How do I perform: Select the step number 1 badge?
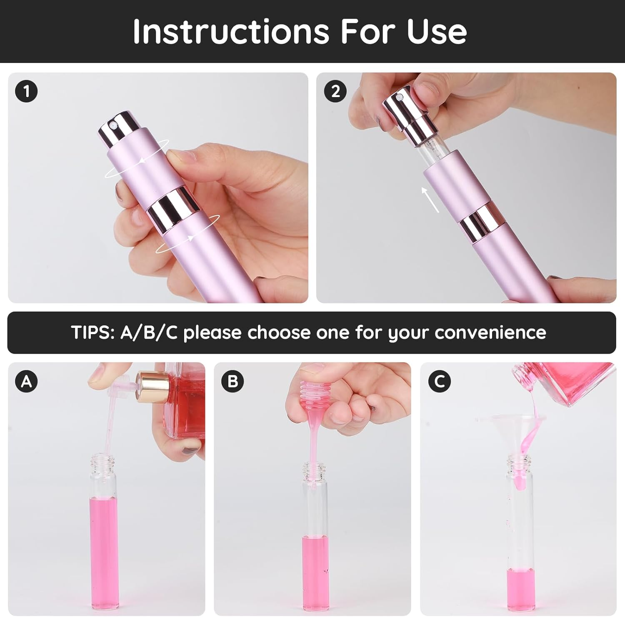27,91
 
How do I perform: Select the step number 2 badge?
335,91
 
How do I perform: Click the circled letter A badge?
27,381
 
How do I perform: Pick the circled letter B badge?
232,381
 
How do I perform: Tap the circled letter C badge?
439,381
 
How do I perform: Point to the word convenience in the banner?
490,332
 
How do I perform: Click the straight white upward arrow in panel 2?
430,200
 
